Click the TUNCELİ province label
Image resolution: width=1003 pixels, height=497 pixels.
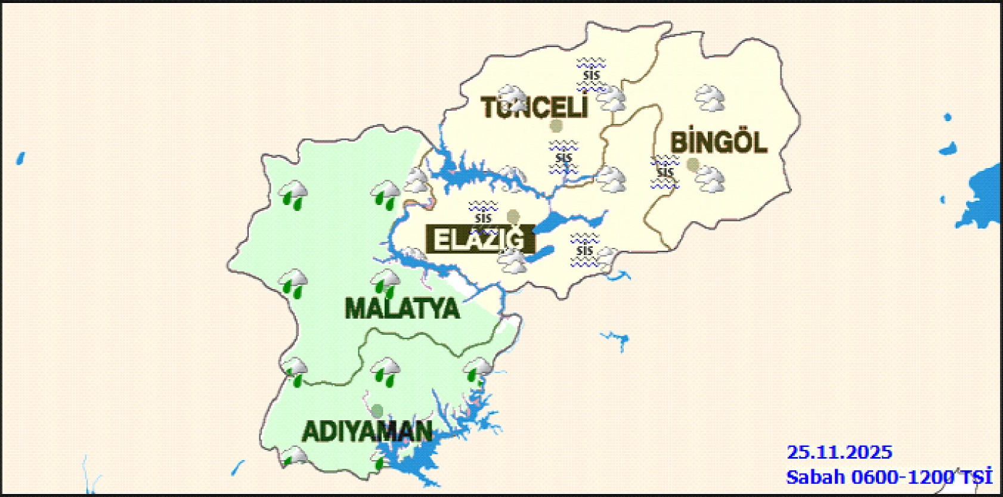pyautogui.click(x=534, y=108)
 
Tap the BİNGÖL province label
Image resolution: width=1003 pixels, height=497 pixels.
pyautogui.click(x=718, y=143)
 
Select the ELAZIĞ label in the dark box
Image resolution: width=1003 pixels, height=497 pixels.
pyautogui.click(x=480, y=240)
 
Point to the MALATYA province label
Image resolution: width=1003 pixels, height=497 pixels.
pyautogui.click(x=402, y=309)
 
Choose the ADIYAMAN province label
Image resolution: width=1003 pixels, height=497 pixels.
pyautogui.click(x=367, y=431)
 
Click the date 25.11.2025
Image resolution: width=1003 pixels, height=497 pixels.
pyautogui.click(x=839, y=452)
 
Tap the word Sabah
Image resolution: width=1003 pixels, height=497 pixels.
pyautogui.click(x=815, y=477)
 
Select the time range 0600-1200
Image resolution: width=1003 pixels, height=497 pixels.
pyautogui.click(x=902, y=477)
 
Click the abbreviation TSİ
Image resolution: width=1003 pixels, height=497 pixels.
pyautogui.click(x=977, y=477)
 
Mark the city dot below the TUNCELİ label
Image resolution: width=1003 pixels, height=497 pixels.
pyautogui.click(x=556, y=126)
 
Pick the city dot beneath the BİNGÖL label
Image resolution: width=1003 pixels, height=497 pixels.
pyautogui.click(x=692, y=164)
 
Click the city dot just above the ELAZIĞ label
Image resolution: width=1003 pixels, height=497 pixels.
pyautogui.click(x=513, y=216)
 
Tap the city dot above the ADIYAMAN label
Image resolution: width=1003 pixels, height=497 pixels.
pyautogui.click(x=377, y=411)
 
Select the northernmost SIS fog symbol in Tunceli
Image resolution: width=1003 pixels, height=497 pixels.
pyautogui.click(x=591, y=75)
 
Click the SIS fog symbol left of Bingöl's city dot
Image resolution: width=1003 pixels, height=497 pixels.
pyautogui.click(x=664, y=172)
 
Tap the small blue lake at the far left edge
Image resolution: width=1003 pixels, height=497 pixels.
pyautogui.click(x=20, y=159)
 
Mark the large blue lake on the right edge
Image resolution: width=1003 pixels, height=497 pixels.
pyautogui.click(x=982, y=197)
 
